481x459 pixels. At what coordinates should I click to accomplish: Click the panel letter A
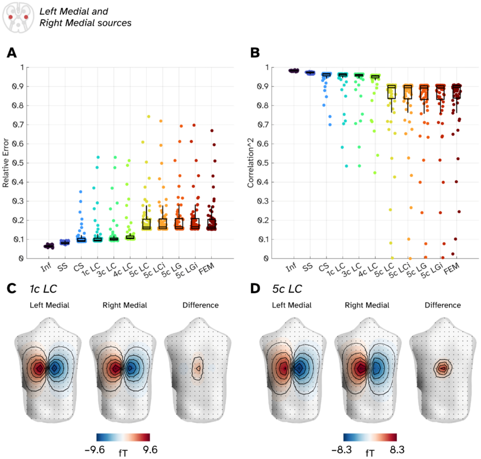(12, 53)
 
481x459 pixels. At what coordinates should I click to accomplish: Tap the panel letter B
(255, 53)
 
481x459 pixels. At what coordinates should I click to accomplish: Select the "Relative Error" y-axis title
(6, 163)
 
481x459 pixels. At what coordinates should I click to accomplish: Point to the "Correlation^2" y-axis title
(251, 163)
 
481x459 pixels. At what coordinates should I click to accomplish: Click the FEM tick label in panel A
(207, 268)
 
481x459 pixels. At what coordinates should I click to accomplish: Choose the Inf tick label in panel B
(291, 267)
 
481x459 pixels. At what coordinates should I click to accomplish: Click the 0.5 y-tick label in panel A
(19, 163)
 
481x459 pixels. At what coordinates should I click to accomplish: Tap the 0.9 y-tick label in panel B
(263, 87)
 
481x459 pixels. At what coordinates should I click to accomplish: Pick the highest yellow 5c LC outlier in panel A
(149, 117)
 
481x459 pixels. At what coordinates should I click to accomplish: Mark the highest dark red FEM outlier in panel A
(212, 131)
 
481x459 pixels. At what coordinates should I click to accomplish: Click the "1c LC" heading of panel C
(43, 289)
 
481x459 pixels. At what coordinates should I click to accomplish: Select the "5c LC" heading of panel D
(287, 289)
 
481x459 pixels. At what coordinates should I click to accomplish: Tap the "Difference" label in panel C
(200, 305)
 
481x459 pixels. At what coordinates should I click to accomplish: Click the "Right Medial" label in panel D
(367, 305)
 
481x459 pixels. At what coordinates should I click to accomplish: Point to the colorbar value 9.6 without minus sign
(150, 450)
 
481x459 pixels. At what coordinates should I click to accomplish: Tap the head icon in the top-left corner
(18, 17)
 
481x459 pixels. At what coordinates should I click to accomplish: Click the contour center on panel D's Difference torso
(442, 368)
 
